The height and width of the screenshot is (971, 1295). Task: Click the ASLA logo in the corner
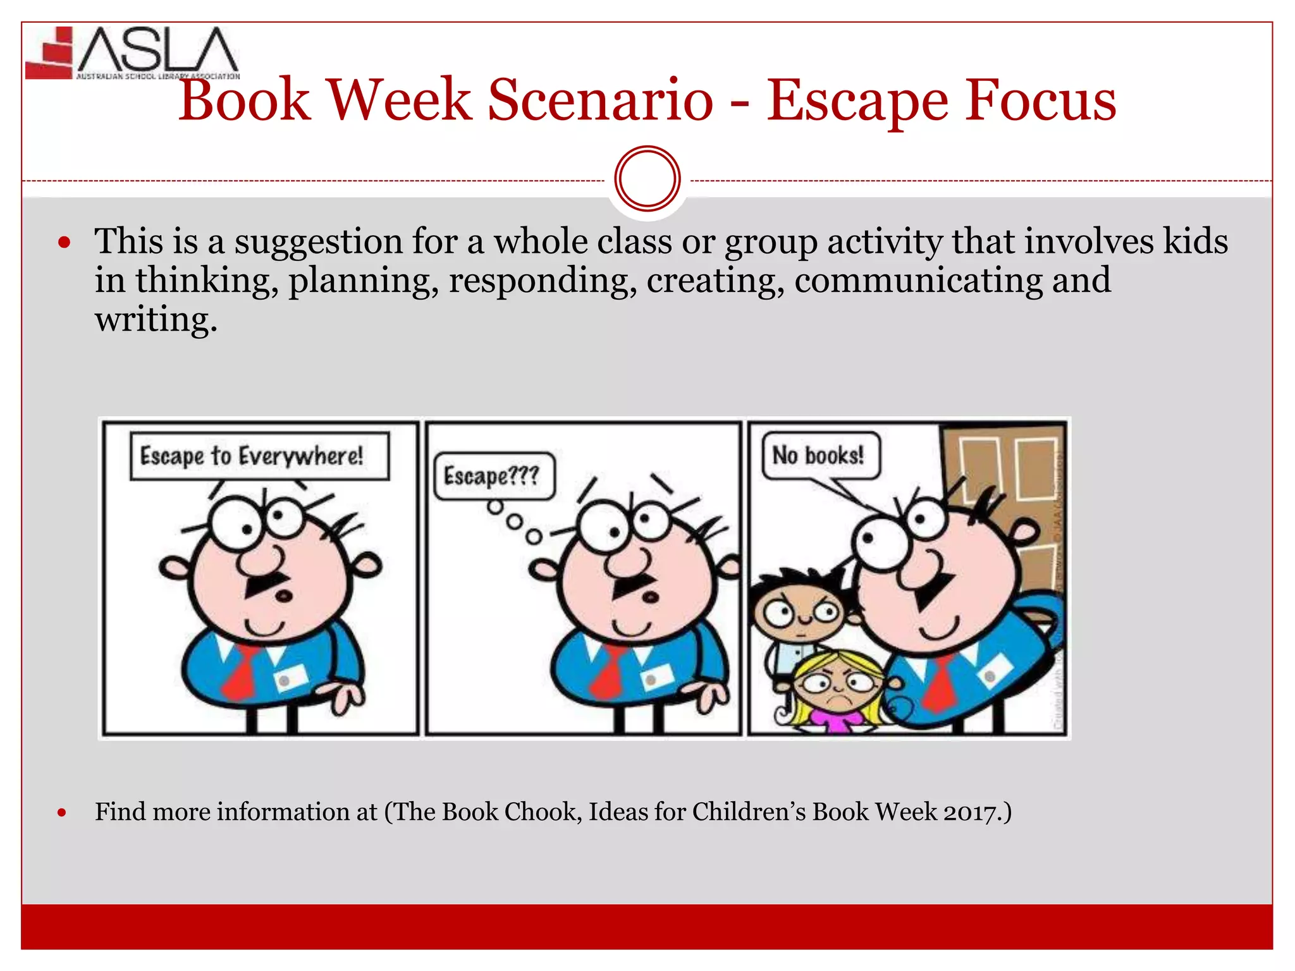tap(133, 53)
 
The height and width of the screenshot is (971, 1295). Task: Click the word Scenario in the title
tap(600, 101)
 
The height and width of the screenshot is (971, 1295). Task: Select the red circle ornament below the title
tap(647, 179)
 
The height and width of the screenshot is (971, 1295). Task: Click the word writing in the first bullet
tap(156, 320)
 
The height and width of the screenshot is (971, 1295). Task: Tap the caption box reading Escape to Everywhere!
tap(259, 456)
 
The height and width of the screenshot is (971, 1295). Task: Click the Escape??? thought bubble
tap(494, 476)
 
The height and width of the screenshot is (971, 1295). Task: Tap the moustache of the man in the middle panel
tap(632, 585)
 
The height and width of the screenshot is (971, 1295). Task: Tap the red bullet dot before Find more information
tap(62, 813)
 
